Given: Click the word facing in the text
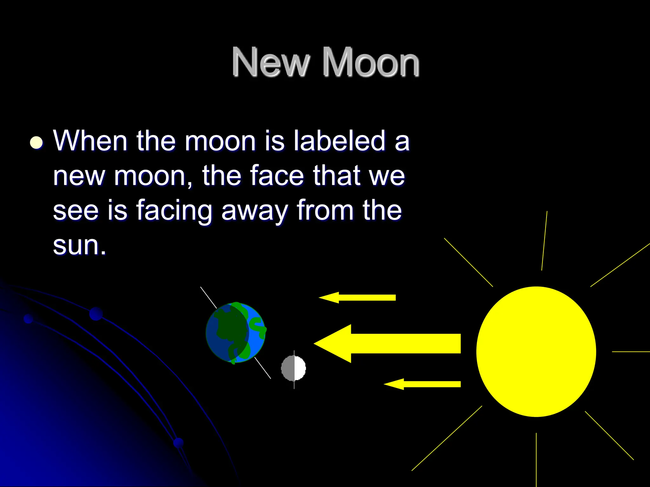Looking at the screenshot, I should [174, 211].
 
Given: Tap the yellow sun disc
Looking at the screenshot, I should [536, 351].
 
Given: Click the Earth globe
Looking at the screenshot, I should [235, 333].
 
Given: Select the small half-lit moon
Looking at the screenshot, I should [294, 368].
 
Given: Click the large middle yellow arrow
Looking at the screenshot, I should [387, 343].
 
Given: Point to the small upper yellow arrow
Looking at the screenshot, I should [357, 297].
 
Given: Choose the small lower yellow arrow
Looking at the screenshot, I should [422, 384].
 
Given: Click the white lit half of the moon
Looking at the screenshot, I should [300, 368].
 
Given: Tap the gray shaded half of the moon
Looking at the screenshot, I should [288, 368].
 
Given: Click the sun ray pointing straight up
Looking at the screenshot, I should [544, 241].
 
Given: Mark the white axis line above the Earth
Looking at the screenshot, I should [208, 297].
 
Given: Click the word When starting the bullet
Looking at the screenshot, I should [90, 141].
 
